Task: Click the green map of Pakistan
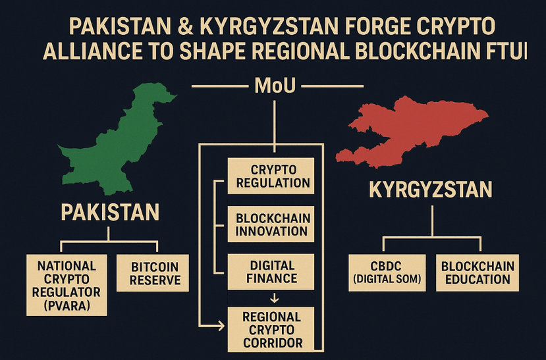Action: tap(115, 145)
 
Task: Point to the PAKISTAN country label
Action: tap(110, 213)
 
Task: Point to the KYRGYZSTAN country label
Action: tap(430, 190)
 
